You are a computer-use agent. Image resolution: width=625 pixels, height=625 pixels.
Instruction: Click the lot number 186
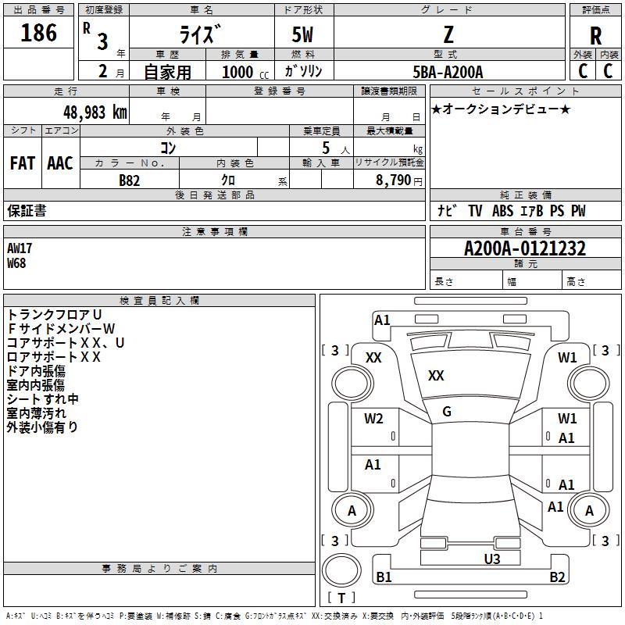39,34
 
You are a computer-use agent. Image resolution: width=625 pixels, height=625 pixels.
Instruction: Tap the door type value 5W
303,35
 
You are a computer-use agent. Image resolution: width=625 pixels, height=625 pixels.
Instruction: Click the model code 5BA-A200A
448,72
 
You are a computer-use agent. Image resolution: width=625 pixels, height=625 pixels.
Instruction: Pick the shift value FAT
22,163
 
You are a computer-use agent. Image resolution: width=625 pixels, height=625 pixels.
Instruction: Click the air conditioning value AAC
60,163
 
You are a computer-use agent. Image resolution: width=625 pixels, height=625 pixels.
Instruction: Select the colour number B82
129,180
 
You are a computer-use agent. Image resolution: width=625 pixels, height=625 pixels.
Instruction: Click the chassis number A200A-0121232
525,249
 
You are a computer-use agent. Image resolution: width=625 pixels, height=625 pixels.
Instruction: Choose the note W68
16,263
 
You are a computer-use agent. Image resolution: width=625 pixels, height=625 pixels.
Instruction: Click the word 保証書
27,211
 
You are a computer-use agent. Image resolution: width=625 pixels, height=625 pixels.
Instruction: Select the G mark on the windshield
447,412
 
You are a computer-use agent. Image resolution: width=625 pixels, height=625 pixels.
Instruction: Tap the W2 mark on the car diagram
373,419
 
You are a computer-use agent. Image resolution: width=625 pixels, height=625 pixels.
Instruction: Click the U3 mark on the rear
491,559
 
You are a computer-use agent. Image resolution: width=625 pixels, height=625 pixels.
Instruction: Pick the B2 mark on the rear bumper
557,577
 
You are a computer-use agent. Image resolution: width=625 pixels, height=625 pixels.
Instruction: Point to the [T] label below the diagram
341,598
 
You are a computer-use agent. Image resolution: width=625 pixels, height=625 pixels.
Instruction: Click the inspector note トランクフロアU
55,314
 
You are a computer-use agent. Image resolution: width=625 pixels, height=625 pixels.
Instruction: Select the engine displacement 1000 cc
244,72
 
